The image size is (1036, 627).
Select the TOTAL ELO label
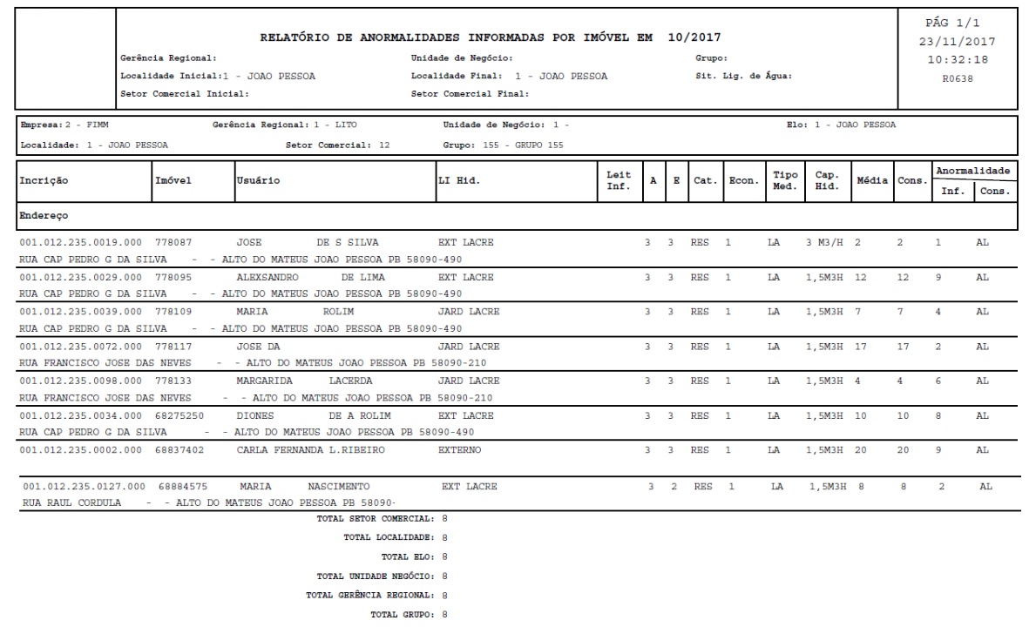(409, 556)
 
